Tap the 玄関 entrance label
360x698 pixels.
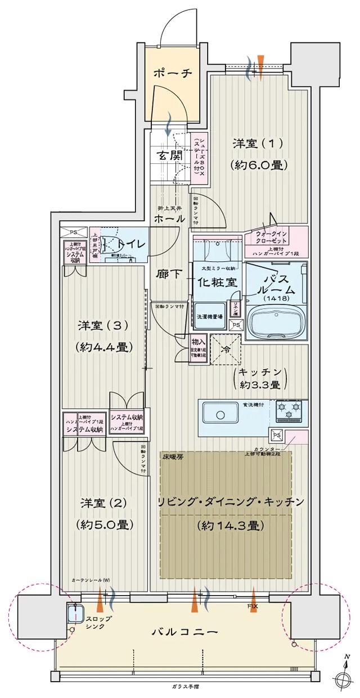coord(169,156)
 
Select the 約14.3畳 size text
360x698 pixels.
coord(231,526)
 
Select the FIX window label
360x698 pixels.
coord(253,605)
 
